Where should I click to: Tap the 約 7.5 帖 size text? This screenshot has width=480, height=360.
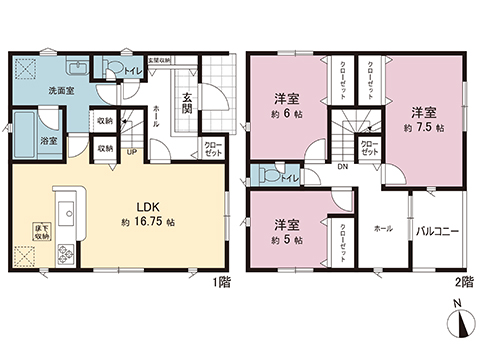[424, 128]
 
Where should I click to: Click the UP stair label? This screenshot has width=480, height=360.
[131, 152]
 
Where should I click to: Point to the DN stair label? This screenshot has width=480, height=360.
[342, 169]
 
